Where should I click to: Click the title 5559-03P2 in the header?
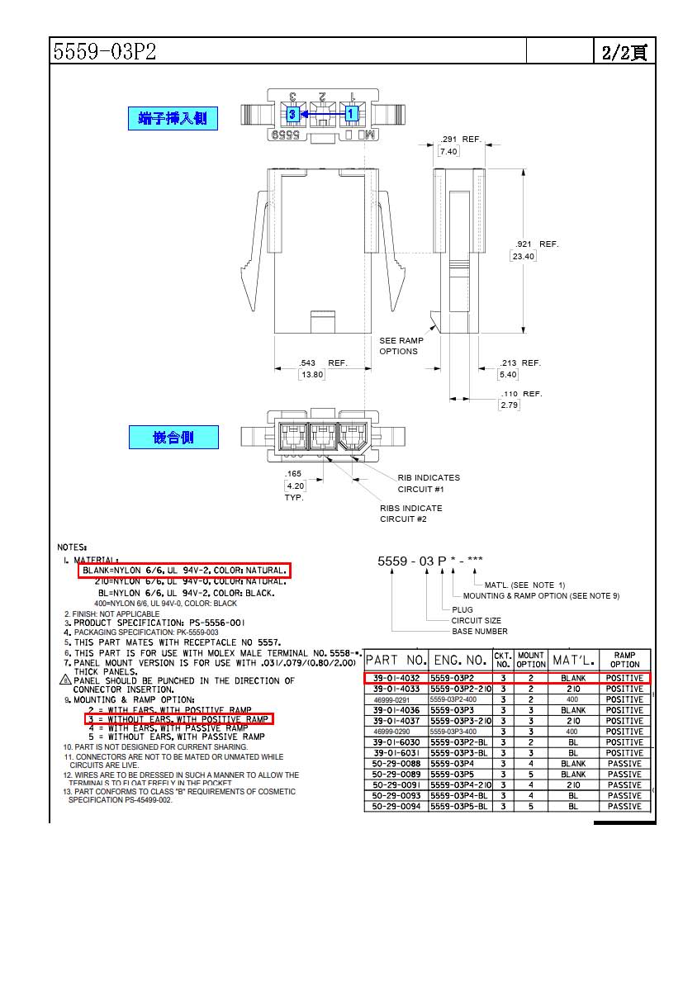[x=104, y=52]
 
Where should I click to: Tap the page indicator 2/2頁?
[x=624, y=52]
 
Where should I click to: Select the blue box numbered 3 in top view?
[x=292, y=114]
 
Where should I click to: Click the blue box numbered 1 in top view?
[x=351, y=113]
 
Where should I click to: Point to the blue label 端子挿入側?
[x=173, y=119]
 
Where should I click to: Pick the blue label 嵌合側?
[x=173, y=438]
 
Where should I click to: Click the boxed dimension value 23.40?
[x=523, y=256]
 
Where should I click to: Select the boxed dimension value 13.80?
[x=312, y=375]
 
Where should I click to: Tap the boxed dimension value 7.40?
[x=448, y=151]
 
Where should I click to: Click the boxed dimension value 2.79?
[x=509, y=405]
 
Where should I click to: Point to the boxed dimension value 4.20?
[x=295, y=486]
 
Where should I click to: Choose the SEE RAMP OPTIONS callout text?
[x=401, y=346]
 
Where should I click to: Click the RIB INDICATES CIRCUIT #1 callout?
[x=428, y=483]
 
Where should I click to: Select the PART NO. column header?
[x=396, y=661]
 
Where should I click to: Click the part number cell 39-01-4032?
[x=396, y=678]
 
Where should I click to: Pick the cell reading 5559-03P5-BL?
[x=460, y=806]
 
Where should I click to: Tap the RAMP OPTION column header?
[x=624, y=660]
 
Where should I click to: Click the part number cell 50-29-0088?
[x=396, y=764]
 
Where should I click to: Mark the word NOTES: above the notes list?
[x=73, y=547]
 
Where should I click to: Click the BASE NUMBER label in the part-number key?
[x=479, y=632]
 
